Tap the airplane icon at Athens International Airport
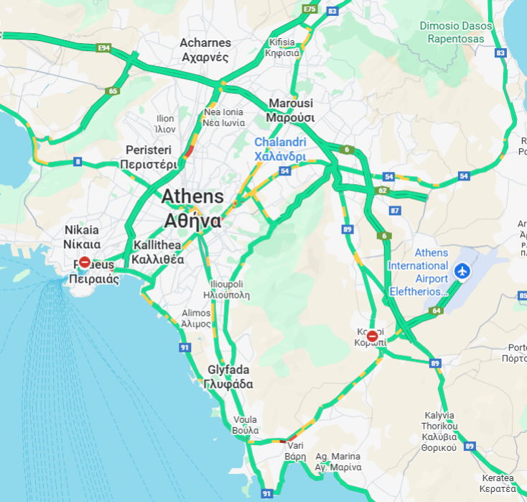(462, 272)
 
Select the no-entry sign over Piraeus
(84, 263)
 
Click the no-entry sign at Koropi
(372, 336)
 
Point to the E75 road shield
(310, 9)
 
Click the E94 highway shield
(104, 47)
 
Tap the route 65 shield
(113, 91)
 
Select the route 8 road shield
(77, 161)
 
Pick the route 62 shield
(383, 191)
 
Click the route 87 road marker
(395, 211)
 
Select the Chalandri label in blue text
(280, 149)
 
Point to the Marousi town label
(291, 110)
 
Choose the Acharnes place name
(205, 50)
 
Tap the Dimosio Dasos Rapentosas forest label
(457, 32)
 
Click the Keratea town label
(498, 483)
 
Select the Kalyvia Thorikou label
(439, 432)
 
